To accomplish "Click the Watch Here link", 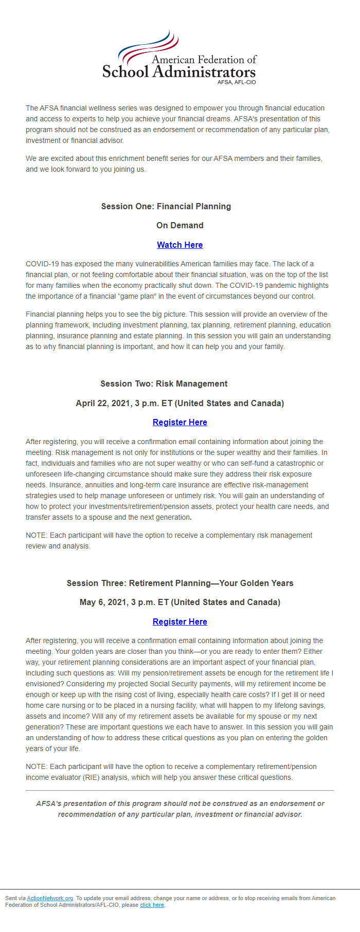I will [179, 245].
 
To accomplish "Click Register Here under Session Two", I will [179, 422].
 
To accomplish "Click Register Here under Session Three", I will [179, 622].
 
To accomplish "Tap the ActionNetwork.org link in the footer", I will [50, 898].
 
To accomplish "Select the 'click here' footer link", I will [152, 905].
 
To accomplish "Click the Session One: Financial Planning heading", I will [166, 206].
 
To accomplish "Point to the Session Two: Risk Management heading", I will [164, 383].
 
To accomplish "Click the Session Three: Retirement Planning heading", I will [179, 583].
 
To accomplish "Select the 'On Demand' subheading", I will [179, 225].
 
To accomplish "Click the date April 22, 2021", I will [103, 403].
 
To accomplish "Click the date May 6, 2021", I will [104, 602].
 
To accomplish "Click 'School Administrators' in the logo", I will [178, 72].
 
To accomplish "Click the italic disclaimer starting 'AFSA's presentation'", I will [179, 809].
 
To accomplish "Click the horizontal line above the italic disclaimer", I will [179, 790].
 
